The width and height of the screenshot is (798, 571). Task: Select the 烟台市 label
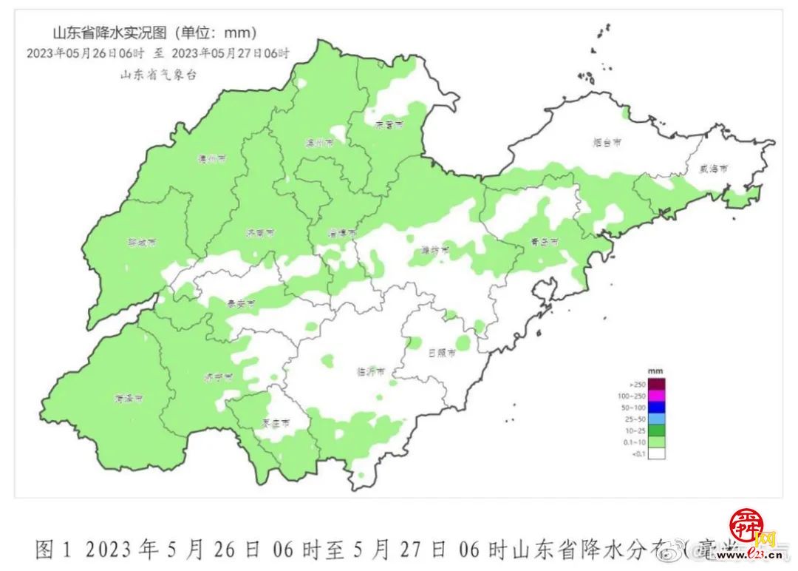tap(606, 143)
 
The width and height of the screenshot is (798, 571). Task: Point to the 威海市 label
tap(714, 169)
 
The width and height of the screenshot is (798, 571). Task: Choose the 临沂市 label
tap(370, 372)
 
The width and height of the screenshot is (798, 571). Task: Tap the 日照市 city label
tap(441, 353)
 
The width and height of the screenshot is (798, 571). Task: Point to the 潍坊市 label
tap(435, 250)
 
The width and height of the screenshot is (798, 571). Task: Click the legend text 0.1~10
tap(637, 442)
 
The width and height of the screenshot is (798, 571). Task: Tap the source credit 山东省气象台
tap(158, 75)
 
